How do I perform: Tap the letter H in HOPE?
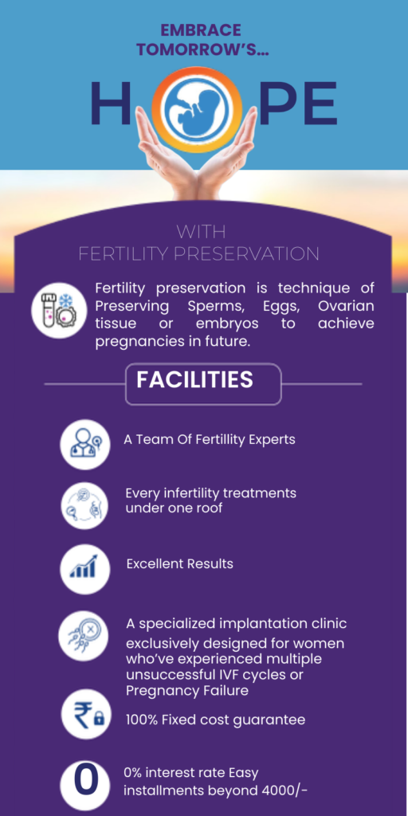point(111,103)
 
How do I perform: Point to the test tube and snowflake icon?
point(59,311)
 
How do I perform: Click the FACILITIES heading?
point(194,380)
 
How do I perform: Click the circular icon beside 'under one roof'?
point(84,506)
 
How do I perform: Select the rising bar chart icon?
point(84,569)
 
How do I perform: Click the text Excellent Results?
point(179,563)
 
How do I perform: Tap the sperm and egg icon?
point(83,636)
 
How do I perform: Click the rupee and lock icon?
point(85,715)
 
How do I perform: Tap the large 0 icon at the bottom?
point(84,785)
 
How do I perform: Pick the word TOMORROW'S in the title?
point(203,49)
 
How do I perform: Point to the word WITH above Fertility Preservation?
point(201,231)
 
